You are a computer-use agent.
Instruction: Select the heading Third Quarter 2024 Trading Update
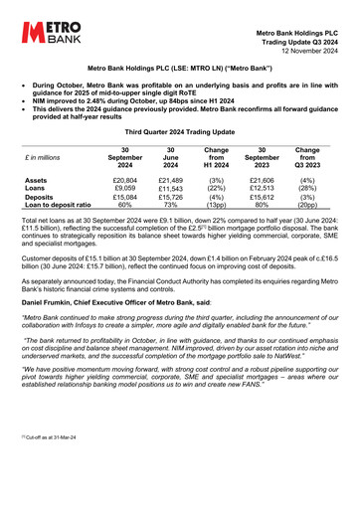click(x=180, y=131)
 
